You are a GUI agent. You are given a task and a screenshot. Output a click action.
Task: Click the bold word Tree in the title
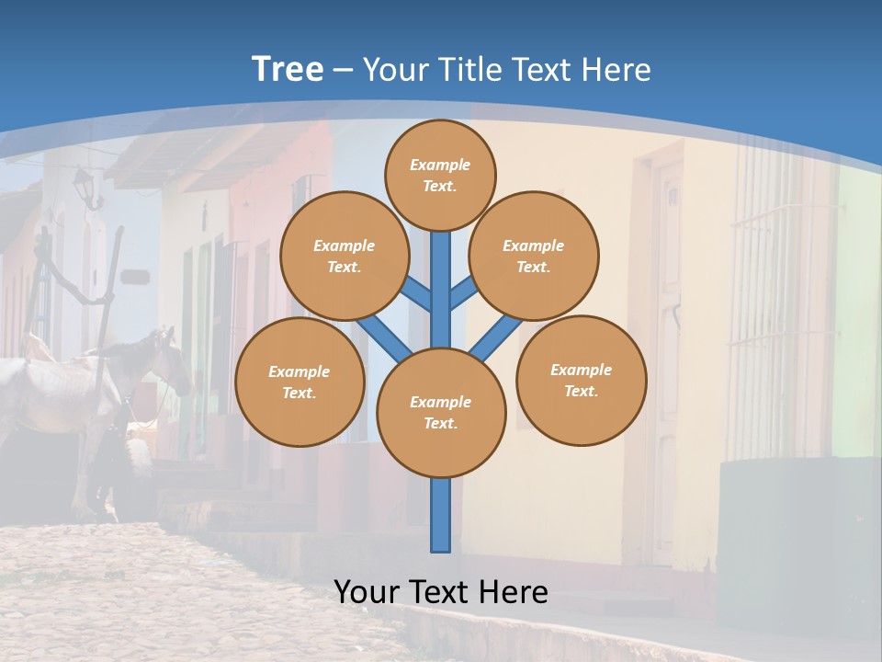click(288, 70)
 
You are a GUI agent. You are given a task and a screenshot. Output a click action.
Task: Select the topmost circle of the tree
click(440, 175)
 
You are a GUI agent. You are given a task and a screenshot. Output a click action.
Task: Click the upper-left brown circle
click(345, 256)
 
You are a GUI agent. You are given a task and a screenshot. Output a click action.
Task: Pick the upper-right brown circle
click(534, 256)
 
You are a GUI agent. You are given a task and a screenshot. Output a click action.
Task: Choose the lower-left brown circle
click(300, 382)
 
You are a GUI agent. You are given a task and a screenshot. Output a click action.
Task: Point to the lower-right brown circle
click(581, 380)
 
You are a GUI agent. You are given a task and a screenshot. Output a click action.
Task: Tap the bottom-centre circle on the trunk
click(441, 412)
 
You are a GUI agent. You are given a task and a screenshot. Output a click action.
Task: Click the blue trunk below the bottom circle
click(441, 515)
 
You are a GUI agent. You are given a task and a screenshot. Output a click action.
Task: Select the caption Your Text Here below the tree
click(441, 592)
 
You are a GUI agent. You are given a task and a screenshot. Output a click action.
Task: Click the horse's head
click(171, 359)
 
